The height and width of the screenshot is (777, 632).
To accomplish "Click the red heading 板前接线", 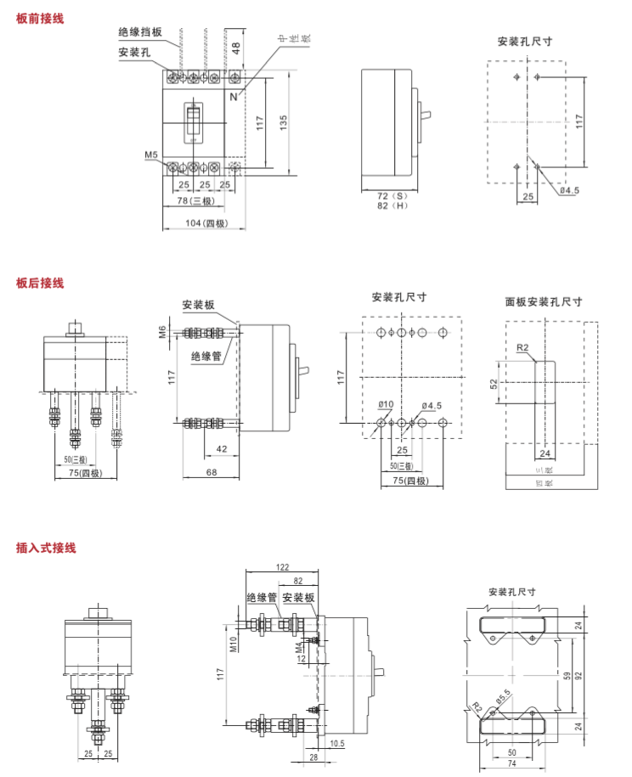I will coord(40,18).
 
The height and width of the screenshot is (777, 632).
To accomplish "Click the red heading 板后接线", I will coord(40,284).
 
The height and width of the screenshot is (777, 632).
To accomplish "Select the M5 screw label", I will coord(151,155).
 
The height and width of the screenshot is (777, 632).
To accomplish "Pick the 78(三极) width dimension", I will coord(195,201).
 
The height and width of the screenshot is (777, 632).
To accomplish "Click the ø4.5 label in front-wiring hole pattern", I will coord(568,190).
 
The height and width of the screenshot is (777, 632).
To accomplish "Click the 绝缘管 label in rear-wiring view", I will coord(206,357).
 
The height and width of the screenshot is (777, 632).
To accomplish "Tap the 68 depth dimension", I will coord(212,471).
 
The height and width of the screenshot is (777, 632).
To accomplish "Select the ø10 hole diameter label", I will coord(386,405).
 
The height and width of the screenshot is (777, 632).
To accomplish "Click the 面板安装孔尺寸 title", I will coord(544,301).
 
